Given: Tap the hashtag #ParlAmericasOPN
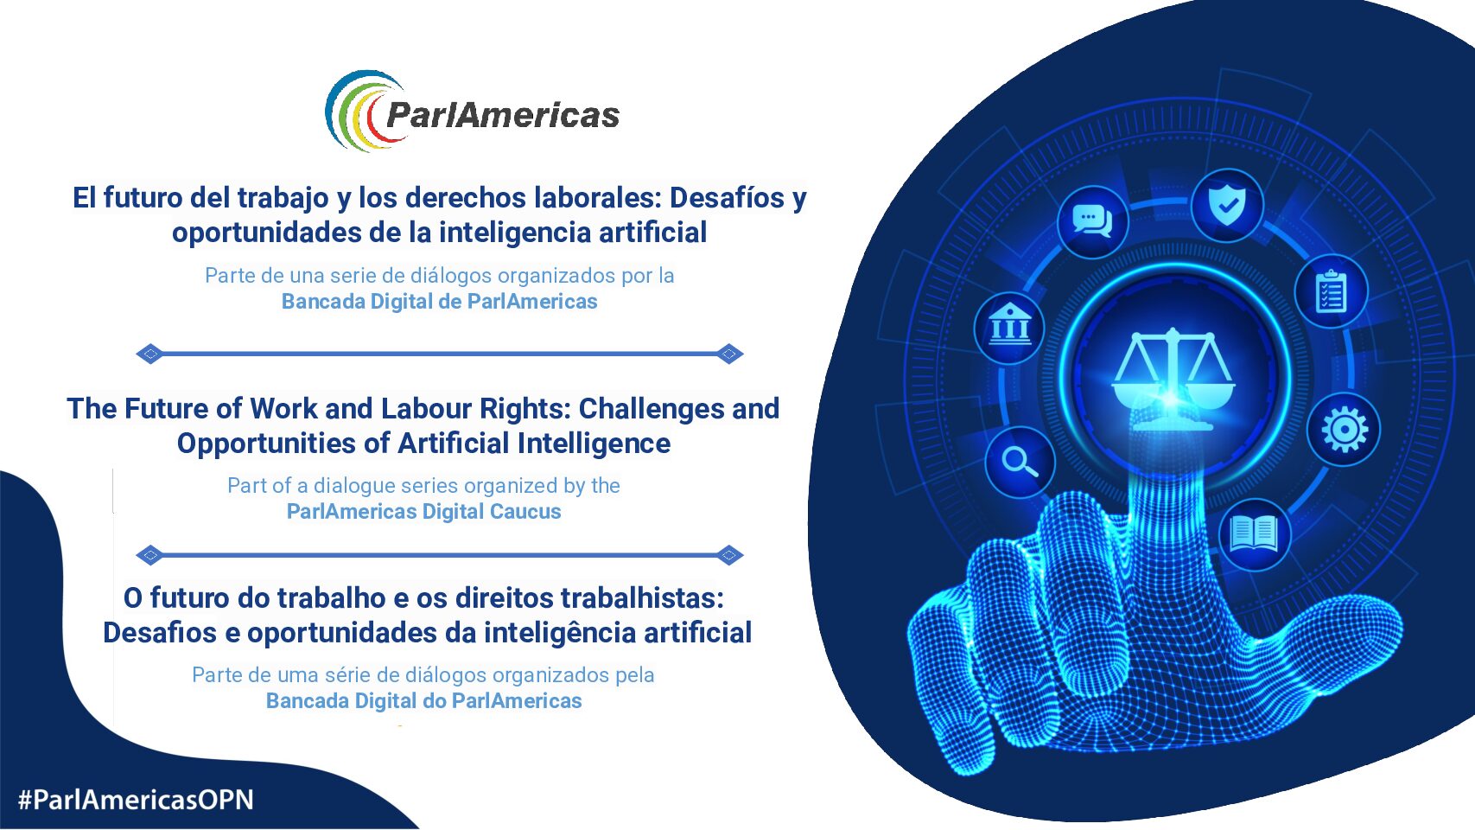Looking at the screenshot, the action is click(136, 800).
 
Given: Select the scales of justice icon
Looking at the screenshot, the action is click(1173, 379).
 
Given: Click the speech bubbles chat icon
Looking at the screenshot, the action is click(1091, 220).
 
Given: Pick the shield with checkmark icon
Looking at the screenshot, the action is click(1227, 205).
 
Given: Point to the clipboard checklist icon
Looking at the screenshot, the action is click(1331, 290).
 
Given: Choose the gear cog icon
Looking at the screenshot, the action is click(1345, 430).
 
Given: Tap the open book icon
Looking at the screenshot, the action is click(1254, 533).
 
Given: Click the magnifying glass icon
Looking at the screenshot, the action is click(1020, 462).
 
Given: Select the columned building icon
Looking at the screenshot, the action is click(1009, 325).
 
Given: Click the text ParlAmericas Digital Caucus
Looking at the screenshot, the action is click(424, 512).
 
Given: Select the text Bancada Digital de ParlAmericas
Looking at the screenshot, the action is click(439, 302).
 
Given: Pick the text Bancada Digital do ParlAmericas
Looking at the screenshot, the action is click(424, 701).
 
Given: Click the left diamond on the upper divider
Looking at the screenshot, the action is click(150, 354).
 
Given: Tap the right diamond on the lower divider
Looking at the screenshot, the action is click(729, 555).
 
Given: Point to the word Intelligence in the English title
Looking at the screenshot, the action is click(594, 444).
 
